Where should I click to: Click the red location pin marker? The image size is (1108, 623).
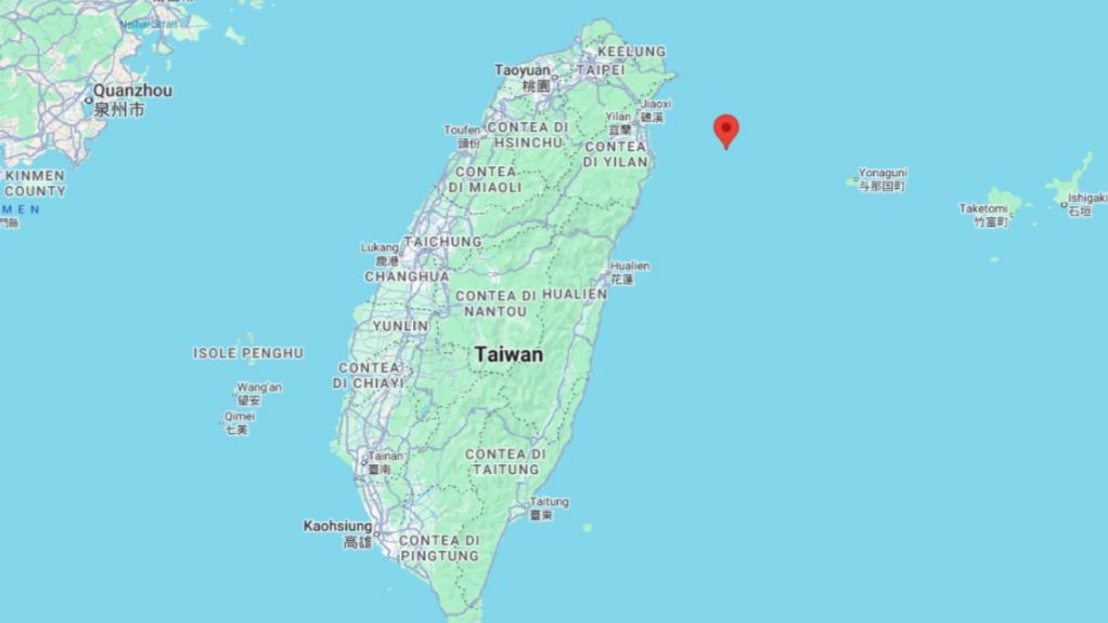click(x=726, y=130)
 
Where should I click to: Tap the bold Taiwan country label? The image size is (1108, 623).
click(x=509, y=355)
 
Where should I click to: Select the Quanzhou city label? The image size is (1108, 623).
click(x=133, y=91)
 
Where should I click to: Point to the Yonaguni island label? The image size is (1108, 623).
click(x=882, y=173)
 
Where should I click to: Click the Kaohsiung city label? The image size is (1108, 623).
click(x=338, y=526)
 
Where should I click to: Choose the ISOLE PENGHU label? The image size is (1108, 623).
click(x=248, y=353)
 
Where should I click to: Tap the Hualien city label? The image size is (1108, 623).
click(x=630, y=266)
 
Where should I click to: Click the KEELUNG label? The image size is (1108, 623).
click(x=631, y=52)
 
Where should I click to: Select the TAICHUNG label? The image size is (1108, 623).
click(x=443, y=242)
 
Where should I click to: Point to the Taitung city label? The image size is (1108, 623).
click(x=549, y=502)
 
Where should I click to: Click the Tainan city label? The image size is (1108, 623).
click(x=385, y=456)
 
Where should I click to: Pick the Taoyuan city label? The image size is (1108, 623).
click(x=522, y=70)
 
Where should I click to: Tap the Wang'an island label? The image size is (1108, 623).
click(x=259, y=388)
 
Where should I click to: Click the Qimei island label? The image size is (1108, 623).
click(x=240, y=416)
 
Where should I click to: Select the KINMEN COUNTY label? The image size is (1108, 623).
click(x=35, y=183)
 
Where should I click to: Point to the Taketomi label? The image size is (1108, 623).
click(x=983, y=209)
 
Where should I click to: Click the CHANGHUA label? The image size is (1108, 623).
click(x=407, y=276)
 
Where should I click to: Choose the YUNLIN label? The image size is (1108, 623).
click(x=400, y=326)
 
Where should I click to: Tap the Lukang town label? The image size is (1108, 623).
click(x=379, y=248)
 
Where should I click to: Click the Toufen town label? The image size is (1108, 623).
click(x=462, y=130)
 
